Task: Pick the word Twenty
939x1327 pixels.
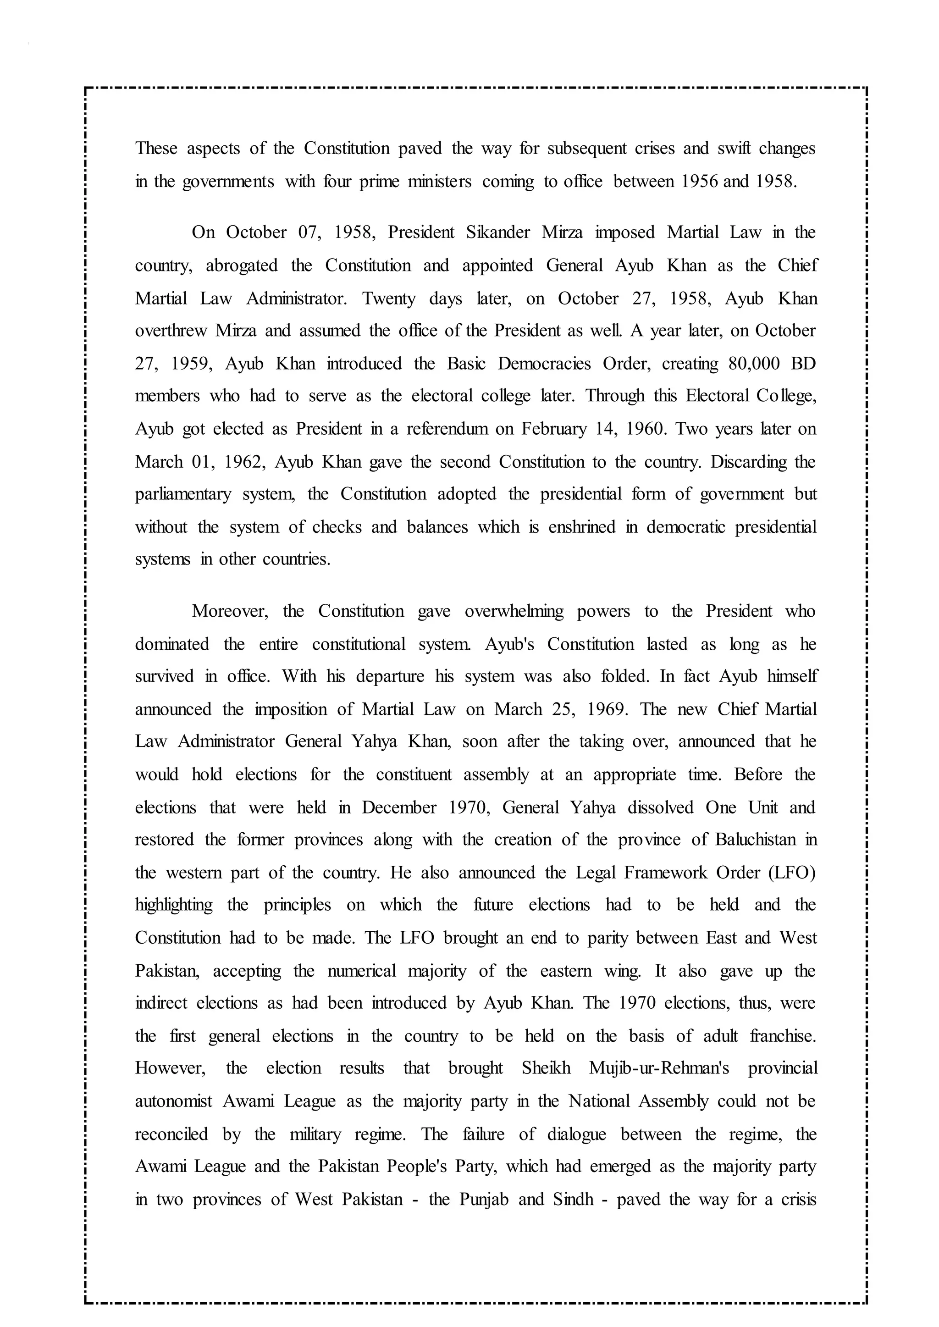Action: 388,299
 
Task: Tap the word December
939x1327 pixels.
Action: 399,808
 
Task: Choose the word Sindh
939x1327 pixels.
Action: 573,1199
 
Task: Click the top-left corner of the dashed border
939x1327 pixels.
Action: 86,89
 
